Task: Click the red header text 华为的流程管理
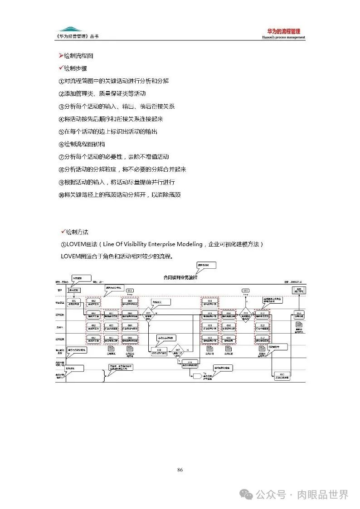283,31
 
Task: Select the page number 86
180,470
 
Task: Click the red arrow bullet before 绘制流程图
61,56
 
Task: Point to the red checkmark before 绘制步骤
61,68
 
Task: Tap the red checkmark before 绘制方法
63,232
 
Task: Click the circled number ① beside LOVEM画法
63,245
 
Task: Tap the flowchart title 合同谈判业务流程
180,277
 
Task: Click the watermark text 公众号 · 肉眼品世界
302,494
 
